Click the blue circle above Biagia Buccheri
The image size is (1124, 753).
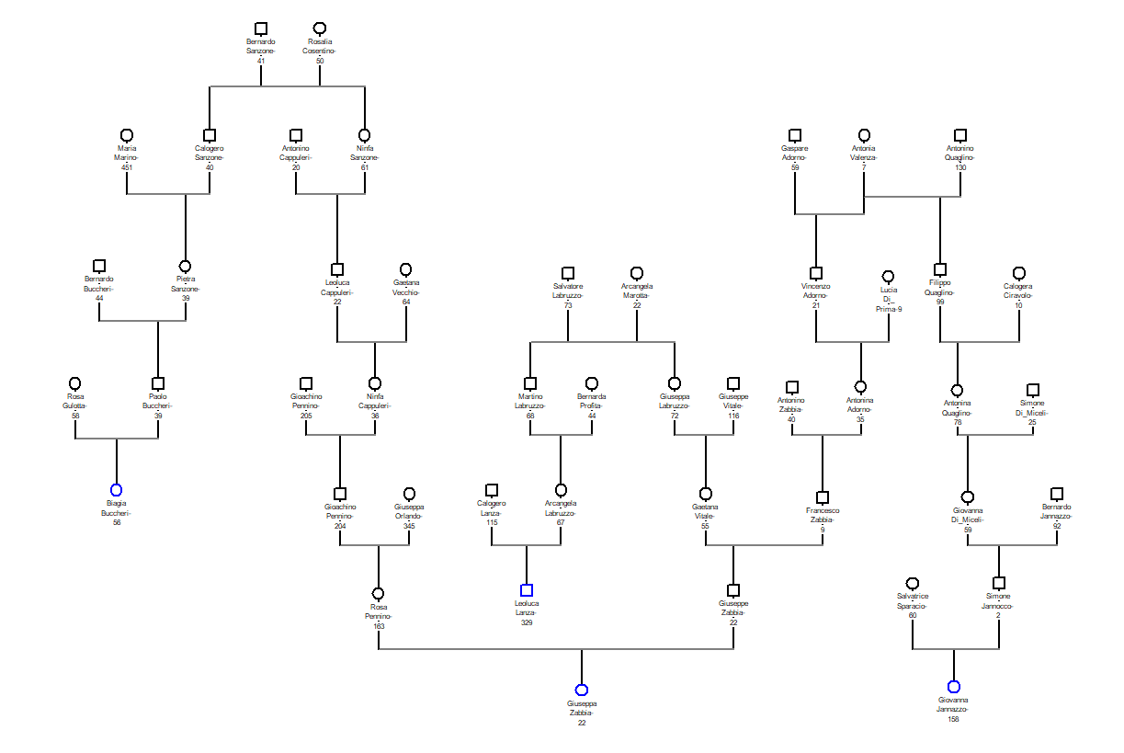117,490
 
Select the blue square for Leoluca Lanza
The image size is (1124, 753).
527,590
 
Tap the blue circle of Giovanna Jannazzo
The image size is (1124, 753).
953,687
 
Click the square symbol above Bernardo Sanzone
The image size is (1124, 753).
261,29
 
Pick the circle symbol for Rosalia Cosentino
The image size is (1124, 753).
320,29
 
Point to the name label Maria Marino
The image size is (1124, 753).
127,153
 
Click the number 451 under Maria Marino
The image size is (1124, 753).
127,167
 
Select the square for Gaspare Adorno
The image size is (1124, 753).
795,135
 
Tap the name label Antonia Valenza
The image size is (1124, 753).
864,153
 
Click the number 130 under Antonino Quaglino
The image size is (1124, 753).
960,167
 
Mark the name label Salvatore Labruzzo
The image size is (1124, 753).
568,291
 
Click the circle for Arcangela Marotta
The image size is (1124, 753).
637,273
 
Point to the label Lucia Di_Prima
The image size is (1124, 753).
889,299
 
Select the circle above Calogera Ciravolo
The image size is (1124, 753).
1018,273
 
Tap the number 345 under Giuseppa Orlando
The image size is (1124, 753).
409,526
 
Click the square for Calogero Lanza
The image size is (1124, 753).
492,490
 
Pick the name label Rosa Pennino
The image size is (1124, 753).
378,611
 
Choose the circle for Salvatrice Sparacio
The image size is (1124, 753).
913,584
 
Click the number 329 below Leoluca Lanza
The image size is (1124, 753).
527,622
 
